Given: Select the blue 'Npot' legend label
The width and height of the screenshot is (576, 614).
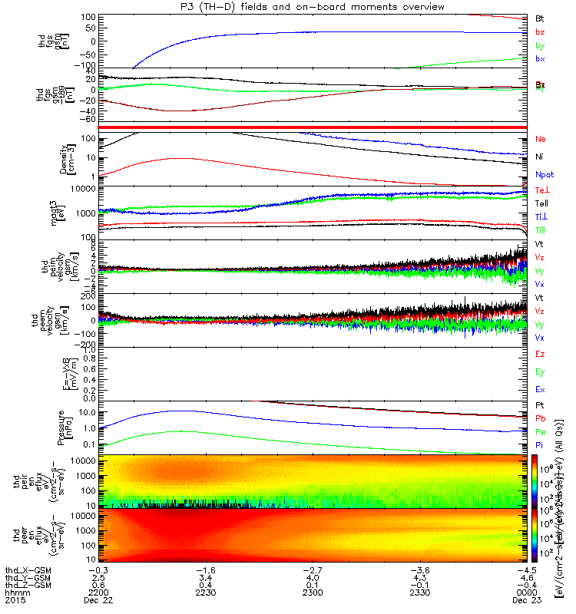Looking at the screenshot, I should (x=544, y=174).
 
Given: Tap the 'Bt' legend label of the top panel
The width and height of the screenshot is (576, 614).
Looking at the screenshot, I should (x=540, y=18).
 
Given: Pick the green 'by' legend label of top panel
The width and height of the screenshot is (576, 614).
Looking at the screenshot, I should (x=540, y=45).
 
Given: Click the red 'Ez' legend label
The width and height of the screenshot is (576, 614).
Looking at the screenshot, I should (x=540, y=355).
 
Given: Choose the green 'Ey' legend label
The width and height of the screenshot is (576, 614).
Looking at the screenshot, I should (x=540, y=372).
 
